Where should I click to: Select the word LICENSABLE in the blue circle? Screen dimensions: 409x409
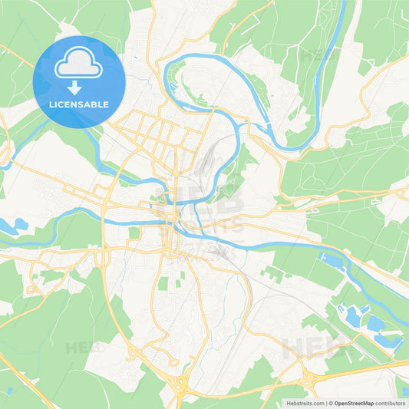[79, 104]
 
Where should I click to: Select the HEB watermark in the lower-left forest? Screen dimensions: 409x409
[83, 348]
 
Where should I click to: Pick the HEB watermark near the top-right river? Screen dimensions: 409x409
[316, 55]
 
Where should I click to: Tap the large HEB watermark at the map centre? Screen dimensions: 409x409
[201, 203]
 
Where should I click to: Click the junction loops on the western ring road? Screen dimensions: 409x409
[102, 257]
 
